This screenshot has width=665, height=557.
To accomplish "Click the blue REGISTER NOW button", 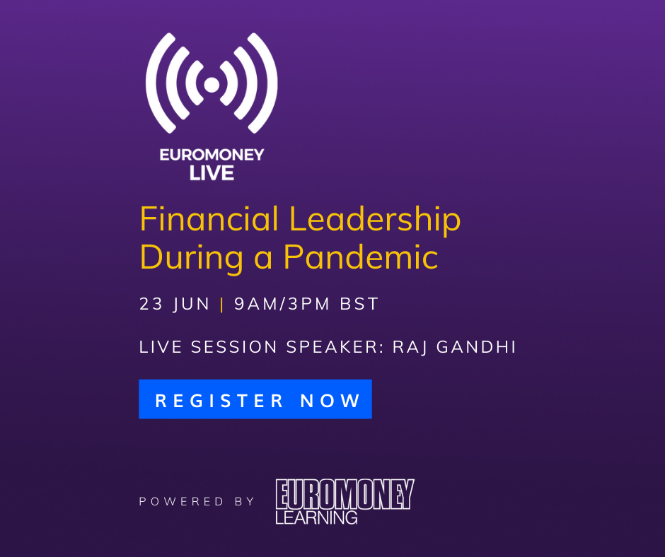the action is point(255,399).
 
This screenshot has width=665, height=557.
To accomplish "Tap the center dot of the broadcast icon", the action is point(212,84).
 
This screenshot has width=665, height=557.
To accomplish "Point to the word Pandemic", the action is point(361,257).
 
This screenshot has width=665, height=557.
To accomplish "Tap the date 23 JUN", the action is point(174,304).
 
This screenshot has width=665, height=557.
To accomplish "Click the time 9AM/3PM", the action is point(282,304).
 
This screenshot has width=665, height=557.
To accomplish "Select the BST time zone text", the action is point(359,304).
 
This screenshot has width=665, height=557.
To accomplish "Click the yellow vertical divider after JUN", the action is point(222,305).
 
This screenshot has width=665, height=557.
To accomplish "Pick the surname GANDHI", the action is point(476,347).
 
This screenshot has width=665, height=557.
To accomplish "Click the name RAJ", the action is point(410,347).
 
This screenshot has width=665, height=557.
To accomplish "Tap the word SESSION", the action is point(234,347).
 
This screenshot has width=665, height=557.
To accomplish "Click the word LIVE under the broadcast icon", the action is point(212,173).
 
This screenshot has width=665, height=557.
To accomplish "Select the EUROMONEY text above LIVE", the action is point(212,155).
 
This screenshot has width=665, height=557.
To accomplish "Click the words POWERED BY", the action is point(197,501).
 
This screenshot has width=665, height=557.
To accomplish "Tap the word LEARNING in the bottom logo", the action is point(316,517).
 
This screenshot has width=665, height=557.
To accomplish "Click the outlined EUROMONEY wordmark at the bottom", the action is point(345,494).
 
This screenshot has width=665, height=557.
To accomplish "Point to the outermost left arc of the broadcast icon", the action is point(153,83).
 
